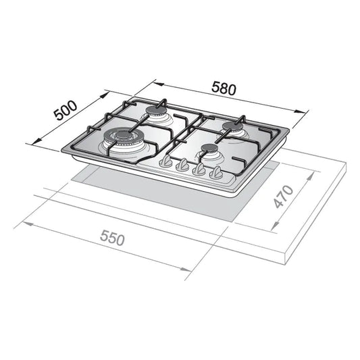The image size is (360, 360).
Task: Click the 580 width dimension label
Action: coord(224,88)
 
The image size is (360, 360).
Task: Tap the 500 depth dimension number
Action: coord(66,111)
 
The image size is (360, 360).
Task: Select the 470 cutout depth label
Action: coord(284,197)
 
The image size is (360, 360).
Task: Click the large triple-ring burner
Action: coord(120,138)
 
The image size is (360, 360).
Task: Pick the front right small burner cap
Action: coord(209,148)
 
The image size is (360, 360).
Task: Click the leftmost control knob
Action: coord(165,161)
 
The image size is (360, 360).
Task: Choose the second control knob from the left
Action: coord(182,165)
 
